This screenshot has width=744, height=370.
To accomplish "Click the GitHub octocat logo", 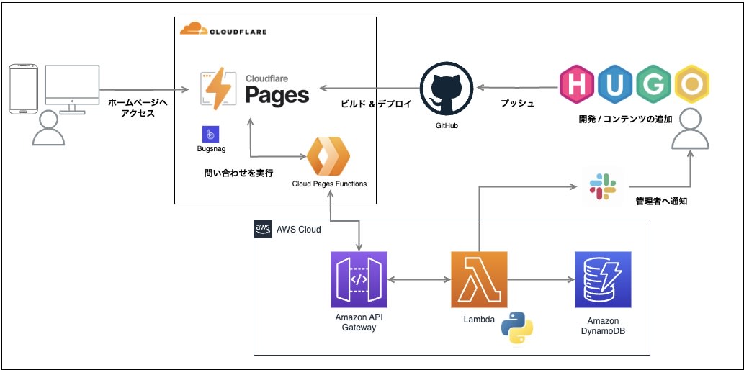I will click(447, 89).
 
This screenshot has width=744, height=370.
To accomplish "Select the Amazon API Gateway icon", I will click(359, 279).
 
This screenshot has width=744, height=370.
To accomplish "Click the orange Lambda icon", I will click(479, 279).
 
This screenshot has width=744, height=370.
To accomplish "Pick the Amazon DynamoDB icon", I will click(603, 279).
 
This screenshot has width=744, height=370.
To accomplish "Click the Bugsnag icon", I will click(212, 134).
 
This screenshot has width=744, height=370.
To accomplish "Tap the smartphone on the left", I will click(23, 89).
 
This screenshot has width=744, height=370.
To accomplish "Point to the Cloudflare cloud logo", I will click(193, 30).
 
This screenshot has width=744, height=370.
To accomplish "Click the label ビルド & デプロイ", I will click(375, 104).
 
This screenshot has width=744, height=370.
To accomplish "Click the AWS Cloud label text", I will click(298, 230).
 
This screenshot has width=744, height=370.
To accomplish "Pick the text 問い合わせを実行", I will click(238, 173).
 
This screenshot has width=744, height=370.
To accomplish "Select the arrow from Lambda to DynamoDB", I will click(540, 279).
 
